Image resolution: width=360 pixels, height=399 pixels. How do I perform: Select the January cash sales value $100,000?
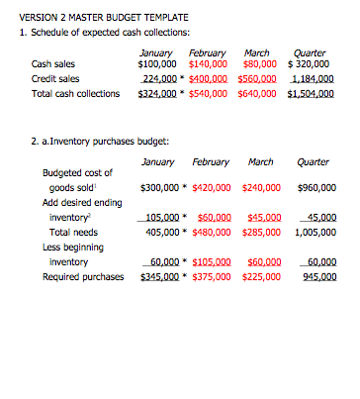tap(159, 65)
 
